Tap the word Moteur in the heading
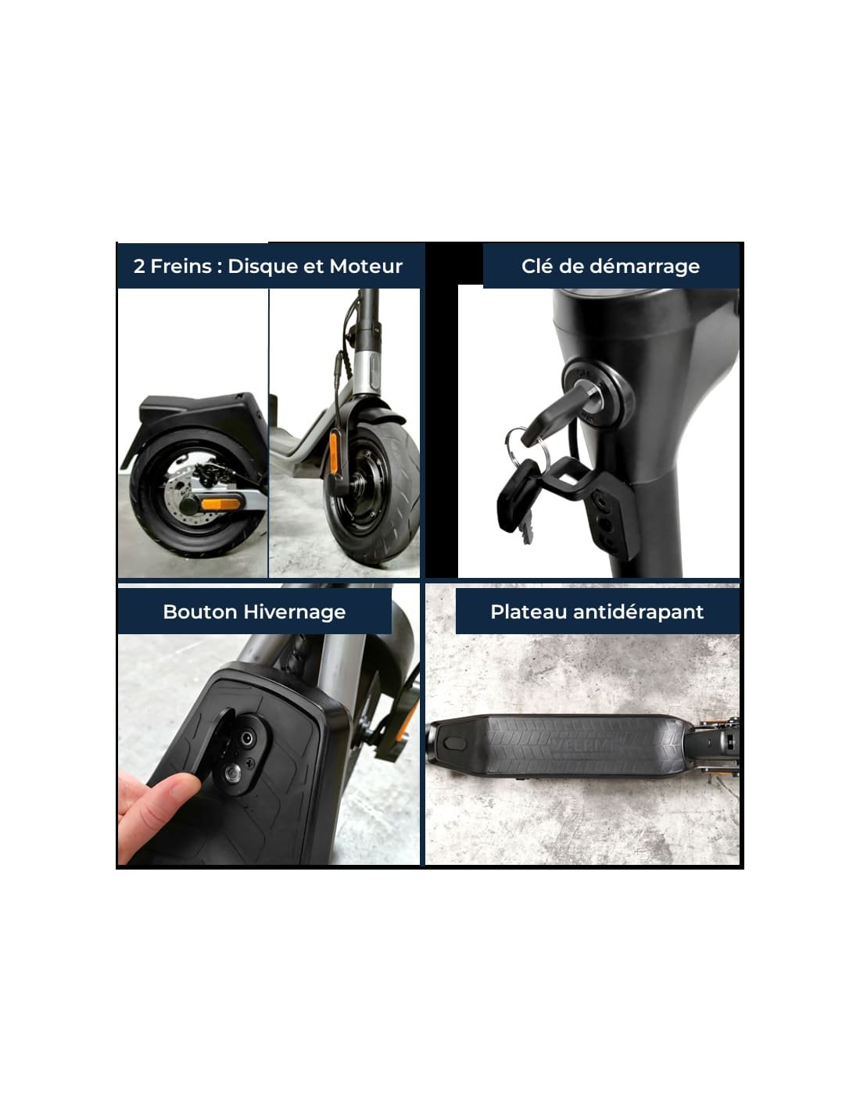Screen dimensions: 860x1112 click(x=366, y=266)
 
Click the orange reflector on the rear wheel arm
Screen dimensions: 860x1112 click(x=220, y=504)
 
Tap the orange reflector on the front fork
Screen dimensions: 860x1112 click(x=334, y=452)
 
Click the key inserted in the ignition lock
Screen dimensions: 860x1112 click(x=557, y=412)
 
